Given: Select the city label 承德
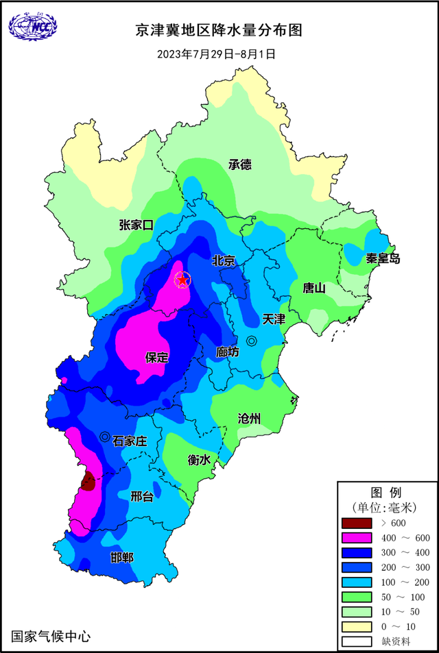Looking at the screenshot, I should tap(240, 164).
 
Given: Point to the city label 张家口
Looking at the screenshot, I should tap(136, 225).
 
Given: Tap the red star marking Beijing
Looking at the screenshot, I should tap(182, 279).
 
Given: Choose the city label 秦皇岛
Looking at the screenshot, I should tap(383, 258).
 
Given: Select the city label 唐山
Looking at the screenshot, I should tap(313, 288).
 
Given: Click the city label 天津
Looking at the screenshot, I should tap(274, 320).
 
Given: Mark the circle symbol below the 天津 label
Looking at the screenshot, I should tap(252, 341).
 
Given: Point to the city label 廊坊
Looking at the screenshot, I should tap(227, 352).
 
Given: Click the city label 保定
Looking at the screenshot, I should tap(156, 357).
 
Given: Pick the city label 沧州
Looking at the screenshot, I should tap(249, 419).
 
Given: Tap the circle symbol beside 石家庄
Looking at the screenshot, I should tap(104, 436).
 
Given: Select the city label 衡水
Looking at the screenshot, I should tap(199, 460).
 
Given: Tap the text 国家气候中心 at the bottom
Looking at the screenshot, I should tap(51, 636).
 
